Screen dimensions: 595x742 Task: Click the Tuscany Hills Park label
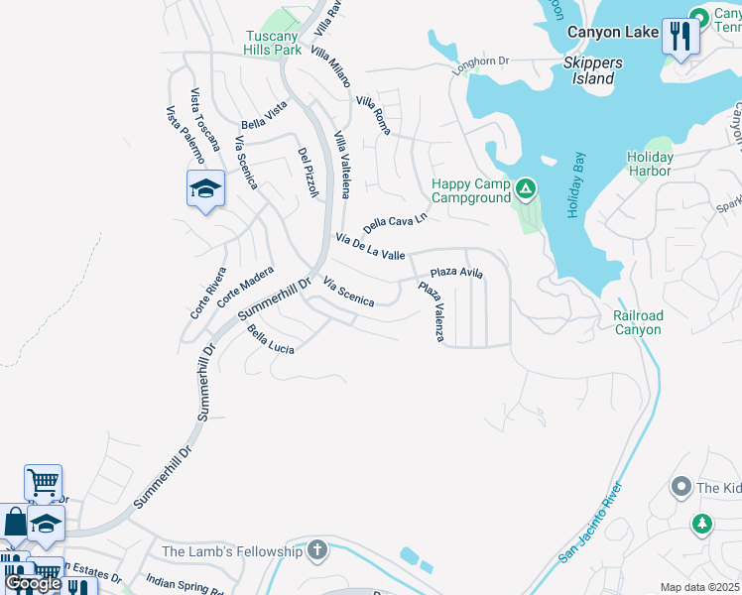click(273, 43)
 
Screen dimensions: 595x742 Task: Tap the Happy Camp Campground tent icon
click(526, 187)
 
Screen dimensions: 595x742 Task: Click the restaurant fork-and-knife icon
click(680, 37)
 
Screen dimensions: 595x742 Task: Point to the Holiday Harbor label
click(651, 164)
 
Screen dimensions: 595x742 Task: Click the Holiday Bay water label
click(576, 185)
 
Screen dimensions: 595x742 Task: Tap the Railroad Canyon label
click(637, 322)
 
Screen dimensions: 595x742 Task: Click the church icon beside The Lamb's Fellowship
click(317, 551)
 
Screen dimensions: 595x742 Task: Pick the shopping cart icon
click(44, 482)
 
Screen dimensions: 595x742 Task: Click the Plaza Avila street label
click(456, 273)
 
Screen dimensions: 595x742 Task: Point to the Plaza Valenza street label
click(432, 311)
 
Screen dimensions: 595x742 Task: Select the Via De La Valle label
click(370, 247)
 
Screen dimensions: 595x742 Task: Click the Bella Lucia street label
click(271, 339)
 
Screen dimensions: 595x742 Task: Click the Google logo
click(33, 583)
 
